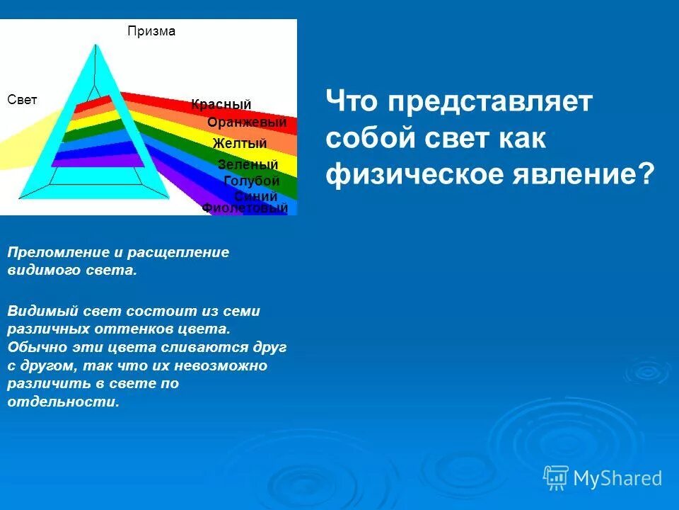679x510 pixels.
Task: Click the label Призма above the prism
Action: pyautogui.click(x=151, y=31)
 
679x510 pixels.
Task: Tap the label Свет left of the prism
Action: pyautogui.click(x=22, y=100)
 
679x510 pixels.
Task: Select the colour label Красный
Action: pyautogui.click(x=221, y=105)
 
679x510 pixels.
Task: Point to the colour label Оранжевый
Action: pyautogui.click(x=247, y=123)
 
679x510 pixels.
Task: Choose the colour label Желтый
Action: pyautogui.click(x=240, y=144)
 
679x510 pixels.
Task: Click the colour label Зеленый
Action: pyautogui.click(x=248, y=165)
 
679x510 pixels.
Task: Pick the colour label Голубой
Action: pyautogui.click(x=251, y=181)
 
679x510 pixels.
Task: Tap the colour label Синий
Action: pyautogui.click(x=255, y=196)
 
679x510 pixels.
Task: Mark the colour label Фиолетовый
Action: pyautogui.click(x=245, y=208)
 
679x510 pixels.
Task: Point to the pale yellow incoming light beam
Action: pyautogui.click(x=21, y=145)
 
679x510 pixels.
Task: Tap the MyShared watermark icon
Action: pyautogui.click(x=556, y=477)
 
